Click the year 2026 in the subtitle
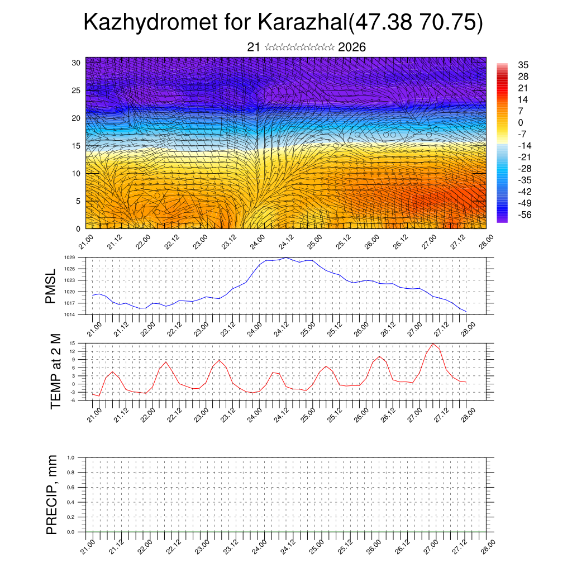(x=352, y=47)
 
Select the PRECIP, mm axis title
(x=52, y=494)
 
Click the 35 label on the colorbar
(x=523, y=65)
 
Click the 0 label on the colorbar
(x=521, y=122)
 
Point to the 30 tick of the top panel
(x=77, y=63)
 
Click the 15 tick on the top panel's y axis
(x=77, y=146)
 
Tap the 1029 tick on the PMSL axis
(x=69, y=258)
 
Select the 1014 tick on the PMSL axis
(x=69, y=315)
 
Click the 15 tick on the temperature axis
(x=72, y=343)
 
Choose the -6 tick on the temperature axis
(x=72, y=401)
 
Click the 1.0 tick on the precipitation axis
(x=71, y=457)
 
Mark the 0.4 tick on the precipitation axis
(x=71, y=502)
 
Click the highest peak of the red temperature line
(x=433, y=344)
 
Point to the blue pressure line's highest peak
(x=287, y=258)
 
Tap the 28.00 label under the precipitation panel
(x=487, y=545)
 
